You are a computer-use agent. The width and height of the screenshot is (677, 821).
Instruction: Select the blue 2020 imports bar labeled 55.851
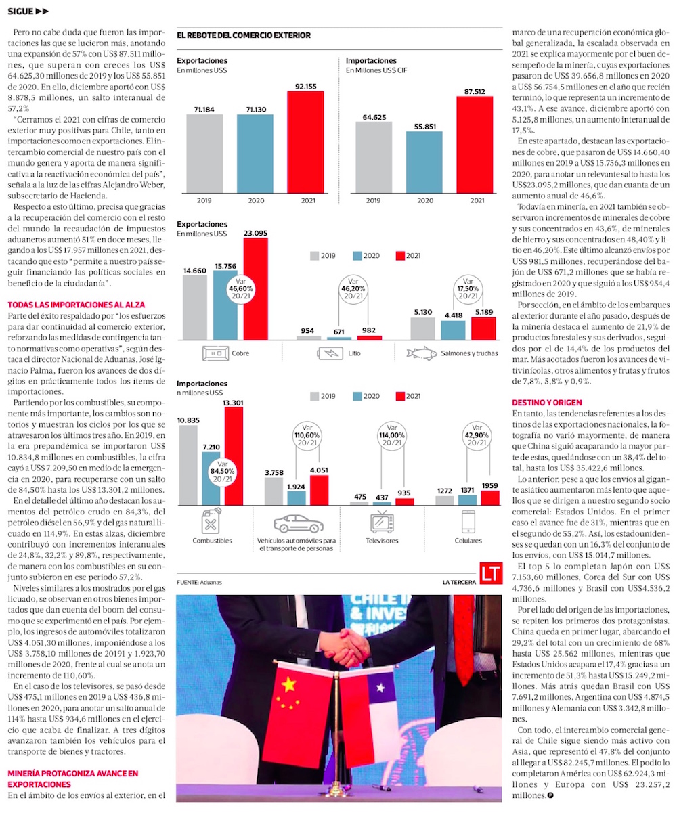424,162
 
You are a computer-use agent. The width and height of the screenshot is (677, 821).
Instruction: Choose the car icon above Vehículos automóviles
298,524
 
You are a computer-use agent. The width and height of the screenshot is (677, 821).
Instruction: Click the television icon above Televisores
381,523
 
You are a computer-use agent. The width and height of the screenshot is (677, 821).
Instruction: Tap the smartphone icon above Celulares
468,523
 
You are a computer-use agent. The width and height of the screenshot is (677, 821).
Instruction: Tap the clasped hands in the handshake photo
346,646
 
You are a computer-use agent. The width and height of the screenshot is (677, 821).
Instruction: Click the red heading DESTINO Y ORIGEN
546,403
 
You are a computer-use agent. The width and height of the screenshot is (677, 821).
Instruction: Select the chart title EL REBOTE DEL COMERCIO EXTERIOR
244,35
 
